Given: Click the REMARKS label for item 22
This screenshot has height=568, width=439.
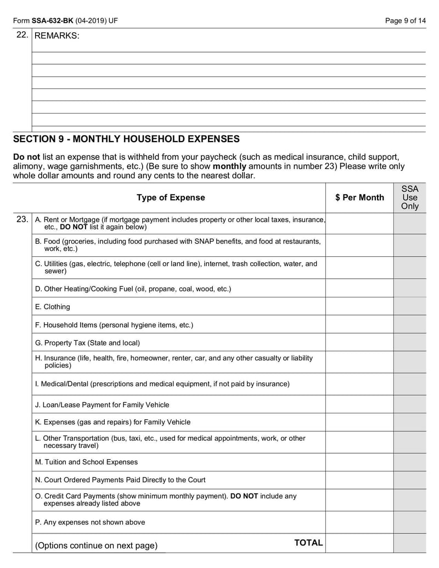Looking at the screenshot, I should click(x=57, y=36).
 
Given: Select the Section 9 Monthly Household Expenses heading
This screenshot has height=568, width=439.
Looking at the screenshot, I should click(x=126, y=139).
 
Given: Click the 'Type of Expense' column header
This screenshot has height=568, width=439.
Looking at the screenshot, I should click(x=171, y=198).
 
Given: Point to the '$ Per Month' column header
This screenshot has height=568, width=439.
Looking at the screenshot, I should click(x=359, y=198).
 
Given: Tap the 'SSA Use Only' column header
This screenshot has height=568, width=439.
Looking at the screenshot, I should click(x=409, y=198).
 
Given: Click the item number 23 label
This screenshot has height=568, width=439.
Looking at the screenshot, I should click(x=22, y=220).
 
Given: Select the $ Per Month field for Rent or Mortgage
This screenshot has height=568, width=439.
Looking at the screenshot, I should click(x=359, y=223).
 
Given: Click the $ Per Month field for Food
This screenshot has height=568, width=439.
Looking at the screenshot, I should click(x=359, y=245).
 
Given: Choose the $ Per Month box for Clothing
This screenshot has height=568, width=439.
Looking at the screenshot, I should click(x=359, y=307).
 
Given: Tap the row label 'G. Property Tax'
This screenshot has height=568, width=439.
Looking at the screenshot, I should click(x=87, y=343).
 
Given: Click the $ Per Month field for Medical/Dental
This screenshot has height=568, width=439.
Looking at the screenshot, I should click(x=359, y=384).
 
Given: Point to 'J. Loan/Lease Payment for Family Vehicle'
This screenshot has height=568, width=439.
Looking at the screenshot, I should click(x=102, y=405).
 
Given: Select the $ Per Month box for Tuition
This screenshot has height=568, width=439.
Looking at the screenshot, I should click(x=359, y=462).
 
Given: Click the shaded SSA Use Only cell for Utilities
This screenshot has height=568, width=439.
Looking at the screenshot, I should click(x=409, y=267).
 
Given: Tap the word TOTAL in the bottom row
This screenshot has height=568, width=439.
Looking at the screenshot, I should click(x=308, y=543).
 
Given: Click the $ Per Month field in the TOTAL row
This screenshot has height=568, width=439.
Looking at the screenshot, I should click(x=359, y=543).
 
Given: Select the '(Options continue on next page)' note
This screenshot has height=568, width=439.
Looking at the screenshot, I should click(x=96, y=545).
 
